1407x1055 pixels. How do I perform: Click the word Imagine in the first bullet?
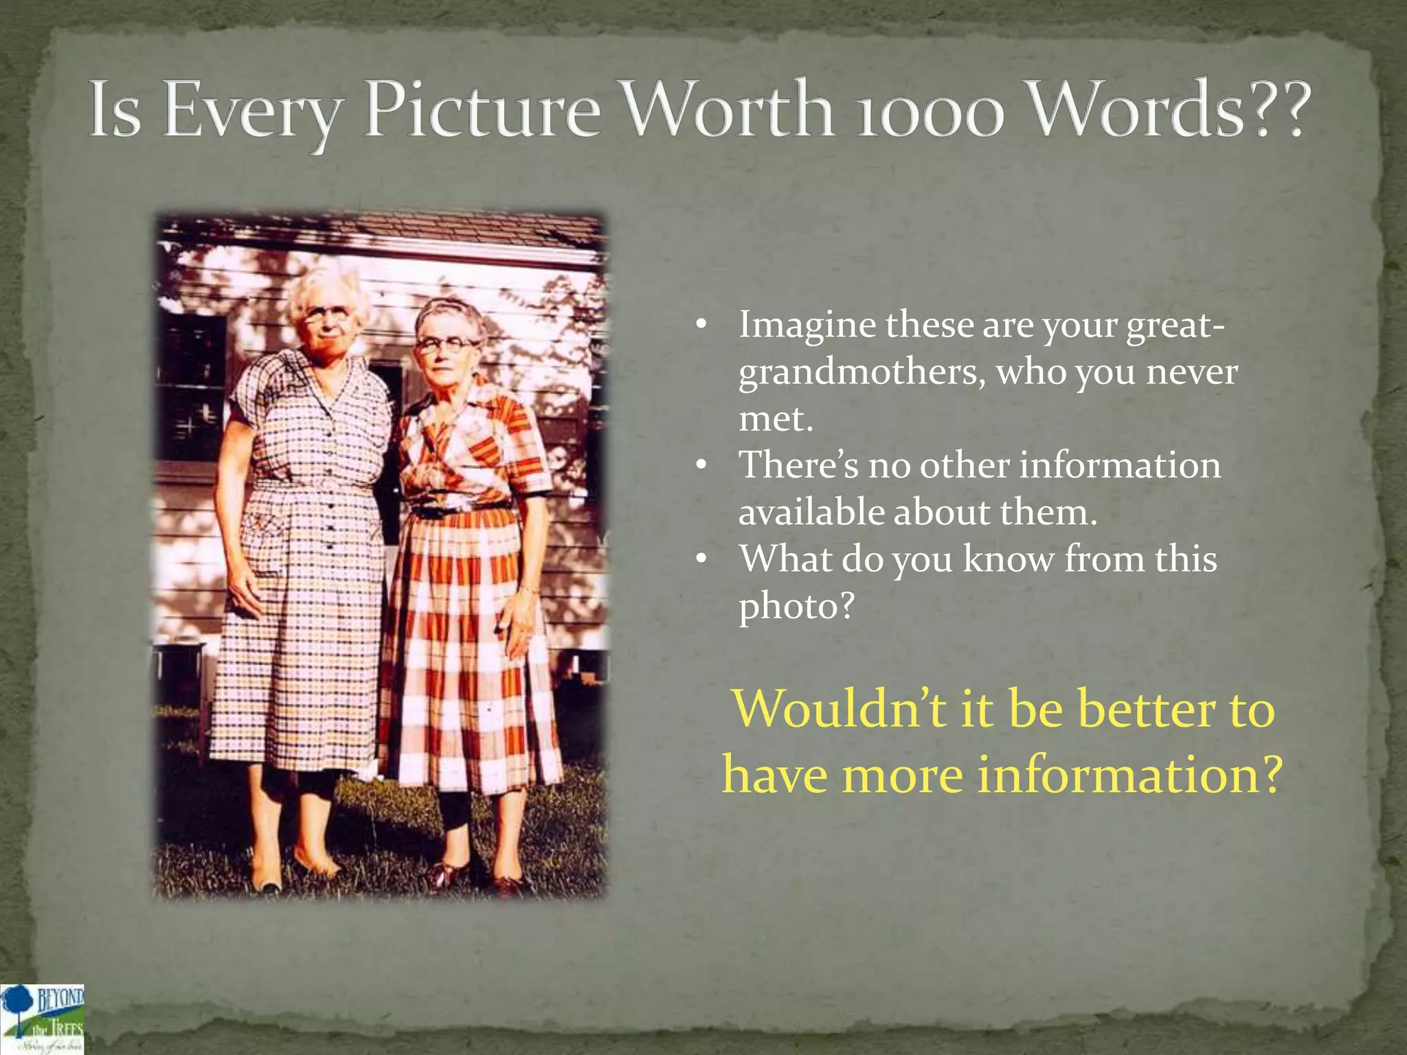(x=807, y=326)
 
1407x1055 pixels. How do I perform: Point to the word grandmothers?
(x=862, y=373)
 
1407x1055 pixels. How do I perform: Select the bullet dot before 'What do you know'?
(x=700, y=559)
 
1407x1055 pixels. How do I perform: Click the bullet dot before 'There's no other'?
(x=700, y=466)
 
